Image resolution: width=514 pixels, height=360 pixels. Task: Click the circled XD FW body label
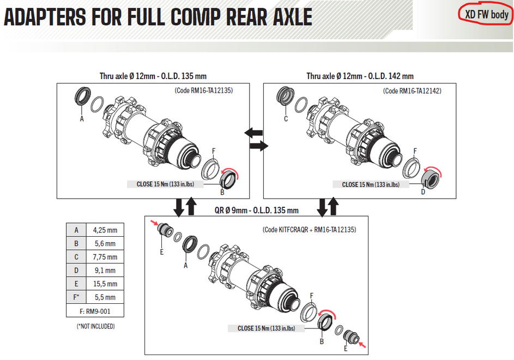click(486, 15)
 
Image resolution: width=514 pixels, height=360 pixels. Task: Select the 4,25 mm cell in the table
click(105, 230)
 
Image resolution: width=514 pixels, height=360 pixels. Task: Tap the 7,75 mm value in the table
click(105, 257)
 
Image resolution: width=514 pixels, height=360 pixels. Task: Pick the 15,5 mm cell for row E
click(105, 284)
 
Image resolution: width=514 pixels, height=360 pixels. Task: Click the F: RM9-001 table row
click(95, 311)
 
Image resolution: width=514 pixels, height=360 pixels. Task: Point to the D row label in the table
click(76, 271)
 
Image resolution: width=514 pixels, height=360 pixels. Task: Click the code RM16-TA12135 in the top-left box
click(203, 91)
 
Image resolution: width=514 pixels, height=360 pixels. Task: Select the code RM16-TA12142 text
click(412, 91)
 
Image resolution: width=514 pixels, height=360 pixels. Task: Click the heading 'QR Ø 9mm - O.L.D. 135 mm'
click(256, 210)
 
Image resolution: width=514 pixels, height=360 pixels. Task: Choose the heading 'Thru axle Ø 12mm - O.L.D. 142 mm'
click(360, 76)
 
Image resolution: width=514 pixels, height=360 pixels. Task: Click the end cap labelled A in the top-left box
click(82, 95)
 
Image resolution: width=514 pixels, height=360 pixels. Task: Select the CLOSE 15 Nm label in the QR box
click(266, 328)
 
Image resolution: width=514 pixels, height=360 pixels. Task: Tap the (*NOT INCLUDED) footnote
click(96, 326)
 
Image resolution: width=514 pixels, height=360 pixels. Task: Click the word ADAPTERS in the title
click(45, 17)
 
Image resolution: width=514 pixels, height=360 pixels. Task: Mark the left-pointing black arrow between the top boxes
click(253, 133)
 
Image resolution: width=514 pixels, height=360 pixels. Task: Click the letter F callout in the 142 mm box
click(415, 151)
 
